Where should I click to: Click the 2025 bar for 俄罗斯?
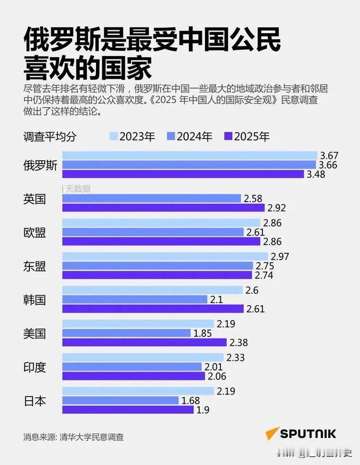click(x=183, y=174)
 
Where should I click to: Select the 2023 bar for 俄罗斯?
click(x=189, y=155)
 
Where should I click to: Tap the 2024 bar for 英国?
click(x=152, y=198)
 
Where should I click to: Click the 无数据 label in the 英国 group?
click(x=78, y=189)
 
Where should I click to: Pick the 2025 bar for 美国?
click(x=144, y=342)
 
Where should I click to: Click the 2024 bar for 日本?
click(x=121, y=401)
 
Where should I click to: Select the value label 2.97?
click(x=280, y=256)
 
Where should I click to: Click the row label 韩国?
click(x=35, y=299)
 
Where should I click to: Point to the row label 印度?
click(x=35, y=367)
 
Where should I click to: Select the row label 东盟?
click(x=35, y=266)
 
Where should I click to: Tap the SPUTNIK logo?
click(x=301, y=434)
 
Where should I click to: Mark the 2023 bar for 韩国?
click(x=152, y=290)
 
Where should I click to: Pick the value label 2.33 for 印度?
click(x=236, y=357)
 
